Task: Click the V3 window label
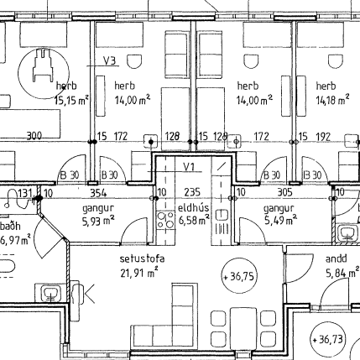pos(109,60)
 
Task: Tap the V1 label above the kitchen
pos(190,167)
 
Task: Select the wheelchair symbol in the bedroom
pos(42,65)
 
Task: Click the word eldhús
pos(190,207)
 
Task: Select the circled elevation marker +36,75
pos(239,275)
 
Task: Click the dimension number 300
pos(34,135)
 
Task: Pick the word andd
pos(336,259)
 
